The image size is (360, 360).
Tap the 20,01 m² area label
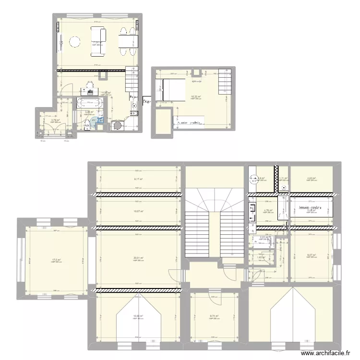click(x=138, y=258)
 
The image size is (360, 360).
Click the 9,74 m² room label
click(x=214, y=316)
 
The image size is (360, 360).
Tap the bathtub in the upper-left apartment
click(x=89, y=103)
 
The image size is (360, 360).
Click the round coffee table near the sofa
click(x=75, y=42)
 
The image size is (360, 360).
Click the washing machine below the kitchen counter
click(x=117, y=126)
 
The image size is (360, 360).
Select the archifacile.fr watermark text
click(x=325, y=353)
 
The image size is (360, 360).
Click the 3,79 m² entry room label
click(x=54, y=120)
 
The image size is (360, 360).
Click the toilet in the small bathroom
click(x=87, y=125)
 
